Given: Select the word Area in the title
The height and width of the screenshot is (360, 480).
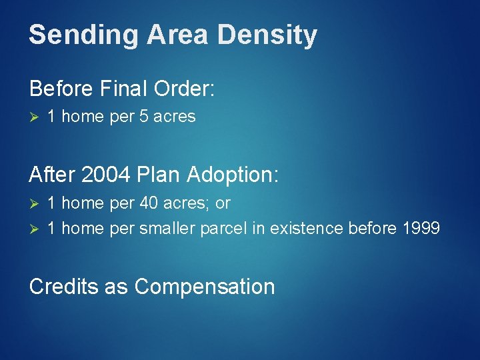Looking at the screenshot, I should tap(167, 35).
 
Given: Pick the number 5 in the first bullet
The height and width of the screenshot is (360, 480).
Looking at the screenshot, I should tap(143, 117).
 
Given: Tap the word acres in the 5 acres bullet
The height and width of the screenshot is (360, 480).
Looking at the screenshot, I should tap(174, 117).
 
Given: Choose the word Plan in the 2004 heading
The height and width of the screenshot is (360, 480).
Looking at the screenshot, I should tap(157, 175).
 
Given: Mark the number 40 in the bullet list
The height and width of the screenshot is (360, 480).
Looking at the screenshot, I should tap(148, 203).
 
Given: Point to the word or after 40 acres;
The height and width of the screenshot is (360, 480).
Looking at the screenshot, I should tap(223, 203).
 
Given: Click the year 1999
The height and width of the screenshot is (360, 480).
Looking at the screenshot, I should tap(421, 229).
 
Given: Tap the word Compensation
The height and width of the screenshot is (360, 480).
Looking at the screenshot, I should tap(205, 287).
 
